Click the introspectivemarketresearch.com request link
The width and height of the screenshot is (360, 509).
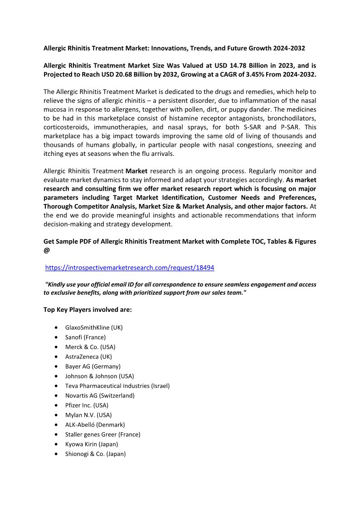coord(130,268)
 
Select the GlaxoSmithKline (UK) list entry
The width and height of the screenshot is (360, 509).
coord(94,327)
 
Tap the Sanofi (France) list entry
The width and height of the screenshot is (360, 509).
coord(85,337)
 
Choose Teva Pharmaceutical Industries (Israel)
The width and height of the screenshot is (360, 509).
coord(117,386)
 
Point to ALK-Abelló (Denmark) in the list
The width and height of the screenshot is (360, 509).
coord(95,425)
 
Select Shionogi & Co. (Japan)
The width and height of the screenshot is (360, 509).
coord(95,454)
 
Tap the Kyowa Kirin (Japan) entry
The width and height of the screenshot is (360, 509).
coord(92,444)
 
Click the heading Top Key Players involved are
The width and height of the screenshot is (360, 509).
coord(88,310)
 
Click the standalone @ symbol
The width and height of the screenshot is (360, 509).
coord(47,250)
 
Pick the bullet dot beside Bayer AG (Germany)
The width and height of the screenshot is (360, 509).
coord(55,366)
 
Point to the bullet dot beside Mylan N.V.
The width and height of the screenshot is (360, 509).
coord(55,415)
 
